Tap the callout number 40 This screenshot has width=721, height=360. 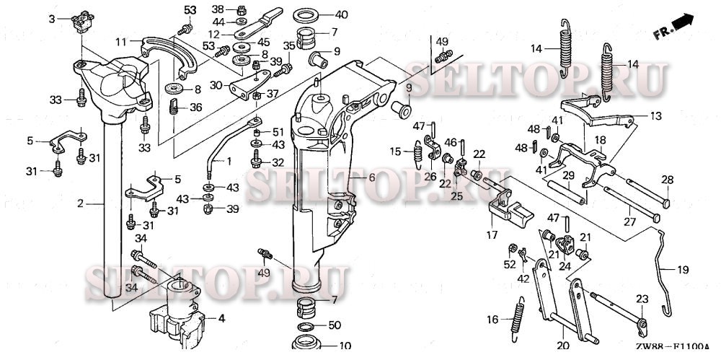click(x=341, y=14)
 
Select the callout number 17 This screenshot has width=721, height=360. click(x=492, y=235)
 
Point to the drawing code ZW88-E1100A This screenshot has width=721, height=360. click(x=672, y=348)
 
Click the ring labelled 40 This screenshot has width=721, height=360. click(x=306, y=15)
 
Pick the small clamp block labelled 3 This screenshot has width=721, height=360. click(x=83, y=22)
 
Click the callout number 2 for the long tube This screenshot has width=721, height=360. click(x=81, y=203)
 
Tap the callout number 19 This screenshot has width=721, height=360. click(x=683, y=270)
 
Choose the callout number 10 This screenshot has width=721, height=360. click(x=345, y=346)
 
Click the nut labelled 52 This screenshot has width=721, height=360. click(x=512, y=249)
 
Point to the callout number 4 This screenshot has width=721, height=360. click(x=221, y=318)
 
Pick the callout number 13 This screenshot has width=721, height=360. click(x=656, y=115)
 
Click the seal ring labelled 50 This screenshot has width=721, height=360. click(x=306, y=328)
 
